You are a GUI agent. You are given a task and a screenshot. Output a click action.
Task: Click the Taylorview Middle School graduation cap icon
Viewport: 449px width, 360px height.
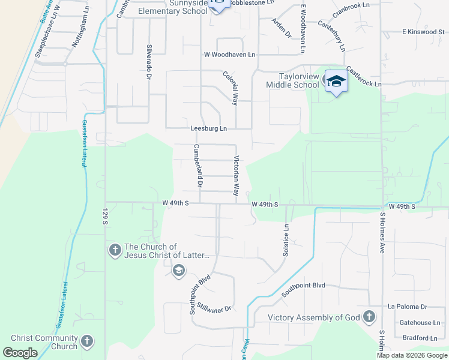click(x=336, y=82)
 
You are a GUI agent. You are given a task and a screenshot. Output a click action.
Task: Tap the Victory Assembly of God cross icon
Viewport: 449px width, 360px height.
click(x=369, y=317)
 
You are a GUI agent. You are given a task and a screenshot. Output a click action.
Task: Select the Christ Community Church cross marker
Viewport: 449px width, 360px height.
click(x=86, y=342)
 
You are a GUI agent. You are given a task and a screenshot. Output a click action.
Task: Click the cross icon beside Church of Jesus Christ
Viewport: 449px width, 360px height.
click(x=115, y=250)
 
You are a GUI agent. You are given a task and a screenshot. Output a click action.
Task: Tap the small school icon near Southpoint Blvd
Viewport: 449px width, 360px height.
click(x=178, y=271)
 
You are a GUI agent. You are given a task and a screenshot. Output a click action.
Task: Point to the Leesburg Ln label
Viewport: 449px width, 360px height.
click(x=208, y=128)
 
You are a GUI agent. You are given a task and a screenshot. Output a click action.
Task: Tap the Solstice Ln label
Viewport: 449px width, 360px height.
click(x=286, y=240)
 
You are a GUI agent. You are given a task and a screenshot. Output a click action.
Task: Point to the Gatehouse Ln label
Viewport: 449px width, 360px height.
click(x=419, y=322)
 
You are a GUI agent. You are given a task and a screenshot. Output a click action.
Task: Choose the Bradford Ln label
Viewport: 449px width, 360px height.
click(x=419, y=338)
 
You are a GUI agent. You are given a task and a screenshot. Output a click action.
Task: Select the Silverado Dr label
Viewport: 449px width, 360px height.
click(x=148, y=62)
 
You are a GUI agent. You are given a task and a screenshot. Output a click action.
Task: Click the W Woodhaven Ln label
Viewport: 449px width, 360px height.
click(x=229, y=55)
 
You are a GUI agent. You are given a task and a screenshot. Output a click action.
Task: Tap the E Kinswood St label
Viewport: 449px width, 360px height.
click(x=423, y=32)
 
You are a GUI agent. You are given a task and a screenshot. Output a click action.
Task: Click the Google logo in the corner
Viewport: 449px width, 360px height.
click(x=20, y=353)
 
